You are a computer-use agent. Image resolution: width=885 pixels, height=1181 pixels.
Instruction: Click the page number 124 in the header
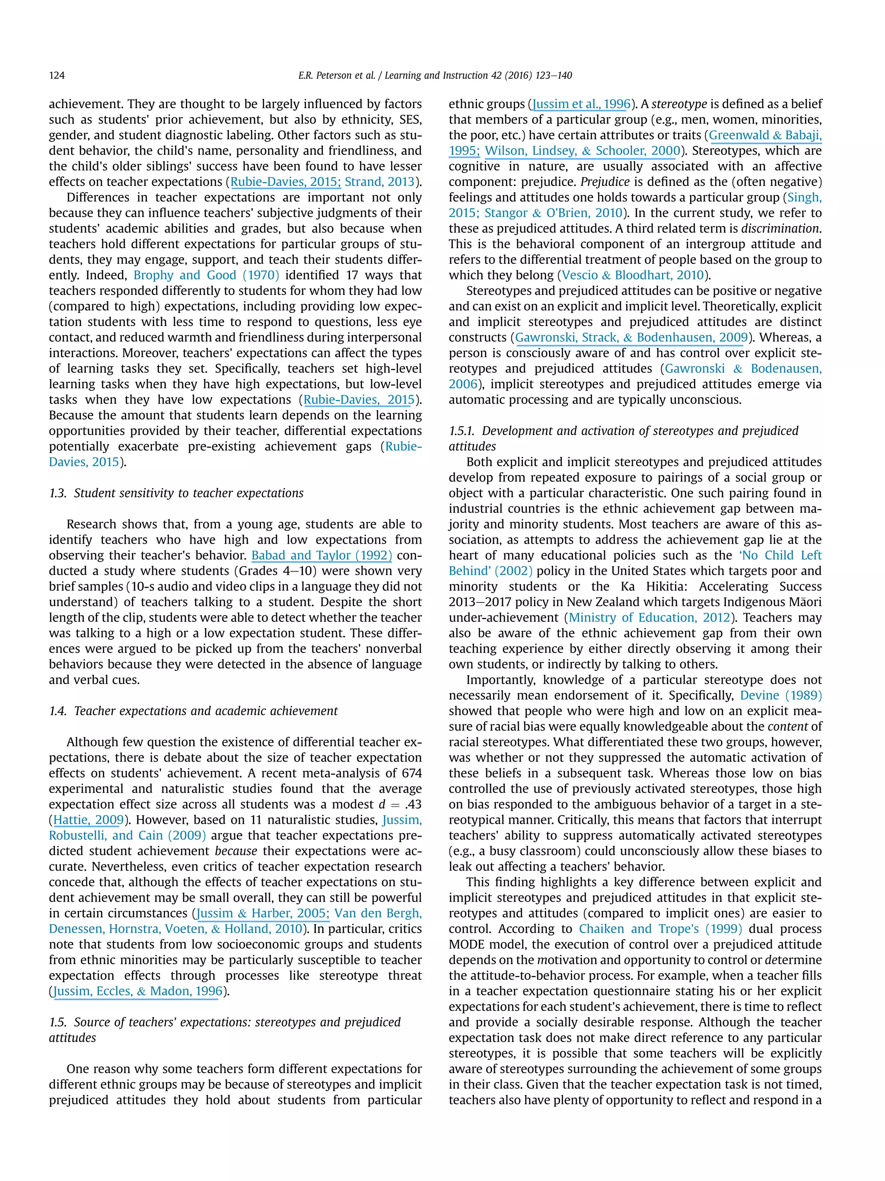pos(57,75)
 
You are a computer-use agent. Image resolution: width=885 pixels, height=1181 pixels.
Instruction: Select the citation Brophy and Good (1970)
pos(206,275)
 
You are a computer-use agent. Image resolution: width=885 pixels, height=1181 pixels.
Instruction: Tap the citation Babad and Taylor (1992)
pos(321,555)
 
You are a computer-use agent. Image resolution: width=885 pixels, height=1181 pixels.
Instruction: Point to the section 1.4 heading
pos(193,711)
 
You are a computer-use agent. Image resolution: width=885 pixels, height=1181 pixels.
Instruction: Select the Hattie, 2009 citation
pos(89,819)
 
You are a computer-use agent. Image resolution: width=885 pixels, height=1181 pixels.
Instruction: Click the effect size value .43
pos(412,804)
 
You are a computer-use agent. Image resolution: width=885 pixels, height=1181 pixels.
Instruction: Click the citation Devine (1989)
pos(780,695)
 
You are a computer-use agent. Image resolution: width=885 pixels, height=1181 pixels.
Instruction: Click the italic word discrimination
pos(780,228)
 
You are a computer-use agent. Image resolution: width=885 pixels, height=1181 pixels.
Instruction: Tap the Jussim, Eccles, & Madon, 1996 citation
pos(137,991)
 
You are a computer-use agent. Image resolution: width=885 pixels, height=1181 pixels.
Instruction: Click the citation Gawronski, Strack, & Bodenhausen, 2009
pos(631,337)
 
